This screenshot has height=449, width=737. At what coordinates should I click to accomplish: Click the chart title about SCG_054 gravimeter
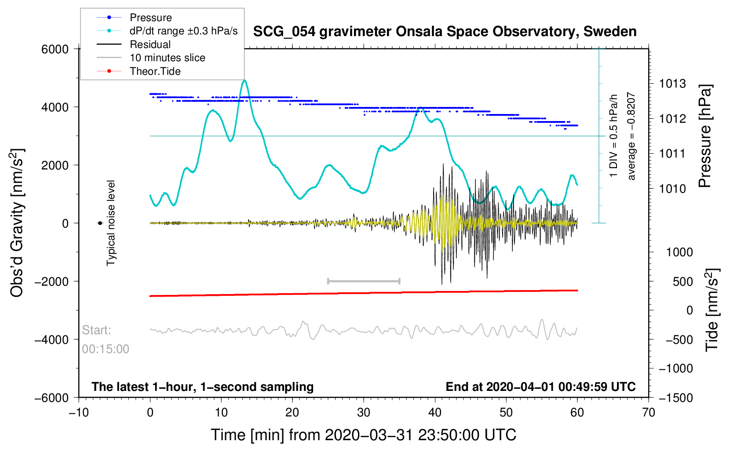[445, 32]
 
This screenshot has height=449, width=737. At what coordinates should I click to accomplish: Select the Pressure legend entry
[150, 18]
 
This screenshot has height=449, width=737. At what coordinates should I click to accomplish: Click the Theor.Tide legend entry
[155, 71]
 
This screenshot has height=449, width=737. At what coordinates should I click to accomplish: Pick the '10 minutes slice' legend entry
[167, 58]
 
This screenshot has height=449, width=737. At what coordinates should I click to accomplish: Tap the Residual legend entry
[150, 44]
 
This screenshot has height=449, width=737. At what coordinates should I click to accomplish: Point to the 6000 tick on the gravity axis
[55, 49]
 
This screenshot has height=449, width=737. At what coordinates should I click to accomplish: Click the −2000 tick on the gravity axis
[52, 281]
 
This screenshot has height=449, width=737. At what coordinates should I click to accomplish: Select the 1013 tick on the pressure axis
[672, 84]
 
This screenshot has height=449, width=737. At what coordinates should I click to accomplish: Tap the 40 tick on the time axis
[435, 412]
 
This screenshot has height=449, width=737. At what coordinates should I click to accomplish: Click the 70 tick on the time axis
[648, 412]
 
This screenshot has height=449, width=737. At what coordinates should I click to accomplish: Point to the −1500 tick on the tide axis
[675, 398]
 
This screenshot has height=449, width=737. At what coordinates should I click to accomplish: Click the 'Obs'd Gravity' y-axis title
[17, 223]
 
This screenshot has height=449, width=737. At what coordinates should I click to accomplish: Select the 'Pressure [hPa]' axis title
[705, 136]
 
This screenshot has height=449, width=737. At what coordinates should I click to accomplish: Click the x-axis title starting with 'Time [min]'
[363, 435]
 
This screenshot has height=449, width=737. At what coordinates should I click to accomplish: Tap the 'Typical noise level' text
[111, 223]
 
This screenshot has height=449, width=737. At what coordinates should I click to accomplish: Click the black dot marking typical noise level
[100, 223]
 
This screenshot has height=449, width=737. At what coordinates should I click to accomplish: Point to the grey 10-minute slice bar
[364, 281]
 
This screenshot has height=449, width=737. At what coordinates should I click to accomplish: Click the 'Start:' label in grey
[96, 330]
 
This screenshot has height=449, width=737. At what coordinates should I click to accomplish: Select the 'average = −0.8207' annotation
[631, 136]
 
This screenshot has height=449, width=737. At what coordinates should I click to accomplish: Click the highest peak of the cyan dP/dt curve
[244, 81]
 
